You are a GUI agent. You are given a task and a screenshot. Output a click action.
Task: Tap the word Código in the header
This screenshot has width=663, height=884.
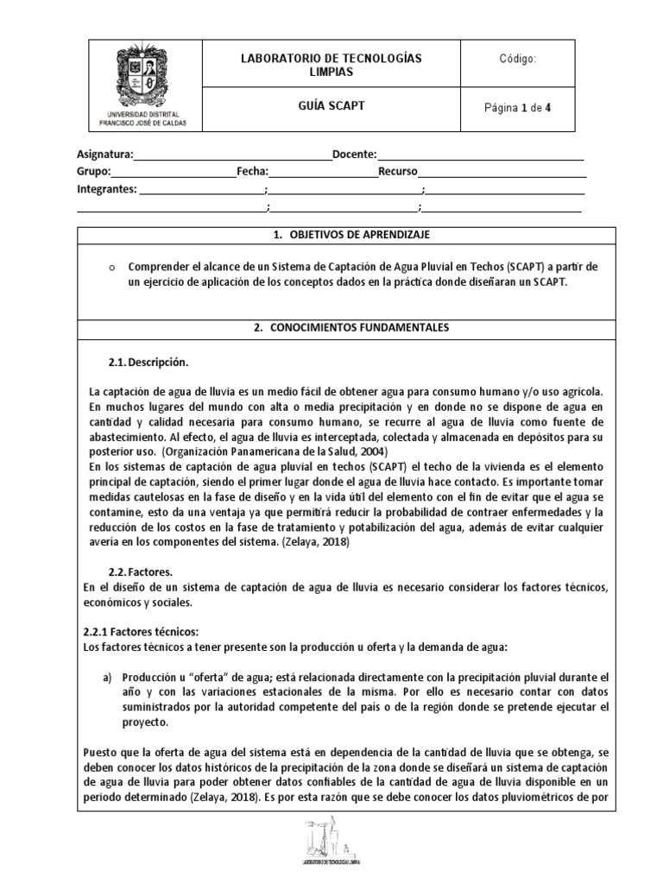point(517,60)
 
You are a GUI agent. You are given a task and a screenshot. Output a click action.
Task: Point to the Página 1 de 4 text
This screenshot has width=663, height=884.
point(518,108)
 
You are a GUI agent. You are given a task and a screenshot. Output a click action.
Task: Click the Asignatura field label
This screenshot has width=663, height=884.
point(104,155)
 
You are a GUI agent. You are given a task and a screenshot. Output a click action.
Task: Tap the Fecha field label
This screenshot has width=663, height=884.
point(252,172)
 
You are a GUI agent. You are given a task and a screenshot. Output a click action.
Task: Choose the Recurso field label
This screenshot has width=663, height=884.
point(397,172)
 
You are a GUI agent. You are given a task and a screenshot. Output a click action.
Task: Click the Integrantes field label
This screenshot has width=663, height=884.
point(107,189)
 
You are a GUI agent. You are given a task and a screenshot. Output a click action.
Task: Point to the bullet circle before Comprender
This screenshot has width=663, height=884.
point(112,268)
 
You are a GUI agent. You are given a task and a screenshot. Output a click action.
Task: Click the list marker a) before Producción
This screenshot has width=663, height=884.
point(109,677)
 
